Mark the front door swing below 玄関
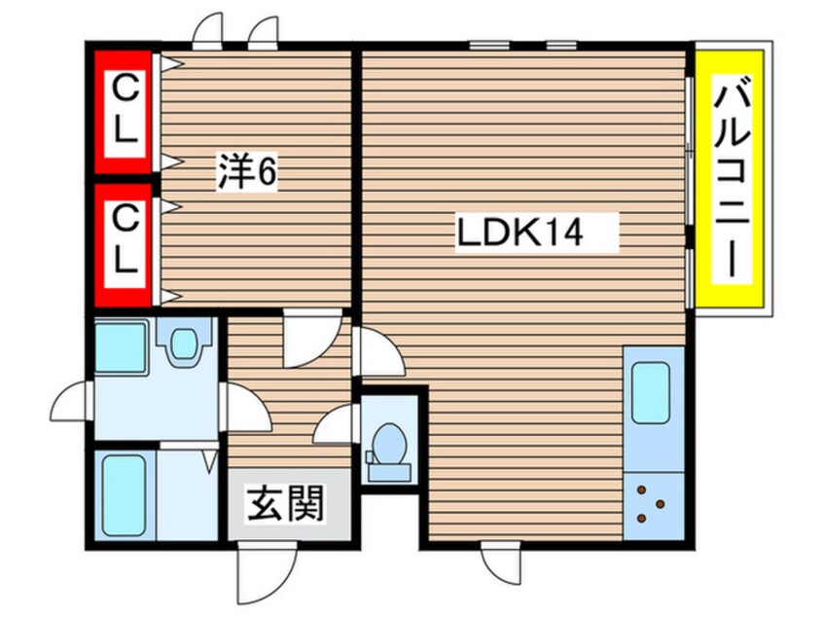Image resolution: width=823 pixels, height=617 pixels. (259, 570)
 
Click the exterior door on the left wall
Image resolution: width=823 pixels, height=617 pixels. (74, 404)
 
